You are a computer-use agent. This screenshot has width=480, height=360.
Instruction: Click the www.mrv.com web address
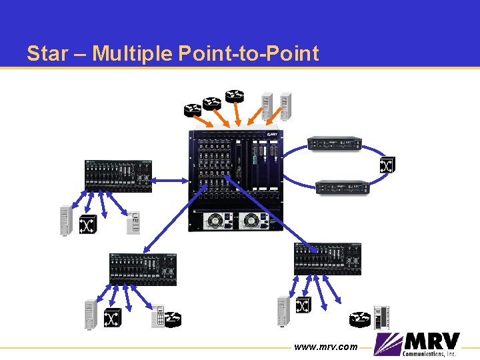[326, 347]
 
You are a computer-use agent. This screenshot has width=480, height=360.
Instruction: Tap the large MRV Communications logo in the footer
[417, 345]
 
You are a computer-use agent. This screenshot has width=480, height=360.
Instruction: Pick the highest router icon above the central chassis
[234, 96]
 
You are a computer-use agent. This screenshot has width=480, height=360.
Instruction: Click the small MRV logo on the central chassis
[272, 135]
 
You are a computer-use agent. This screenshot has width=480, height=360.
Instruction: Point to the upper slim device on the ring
[334, 143]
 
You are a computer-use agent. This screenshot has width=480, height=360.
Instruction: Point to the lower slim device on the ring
[343, 187]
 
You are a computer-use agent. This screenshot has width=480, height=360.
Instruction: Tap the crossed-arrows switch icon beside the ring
[387, 165]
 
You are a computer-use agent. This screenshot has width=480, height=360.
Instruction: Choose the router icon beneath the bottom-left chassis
[172, 319]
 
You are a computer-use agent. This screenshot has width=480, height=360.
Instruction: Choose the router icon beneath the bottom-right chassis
[361, 319]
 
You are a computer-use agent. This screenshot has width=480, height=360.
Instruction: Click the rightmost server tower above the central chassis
[285, 107]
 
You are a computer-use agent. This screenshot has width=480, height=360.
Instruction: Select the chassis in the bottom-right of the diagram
[327, 259]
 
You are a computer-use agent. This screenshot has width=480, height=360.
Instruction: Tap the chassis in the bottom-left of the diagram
[143, 269]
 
